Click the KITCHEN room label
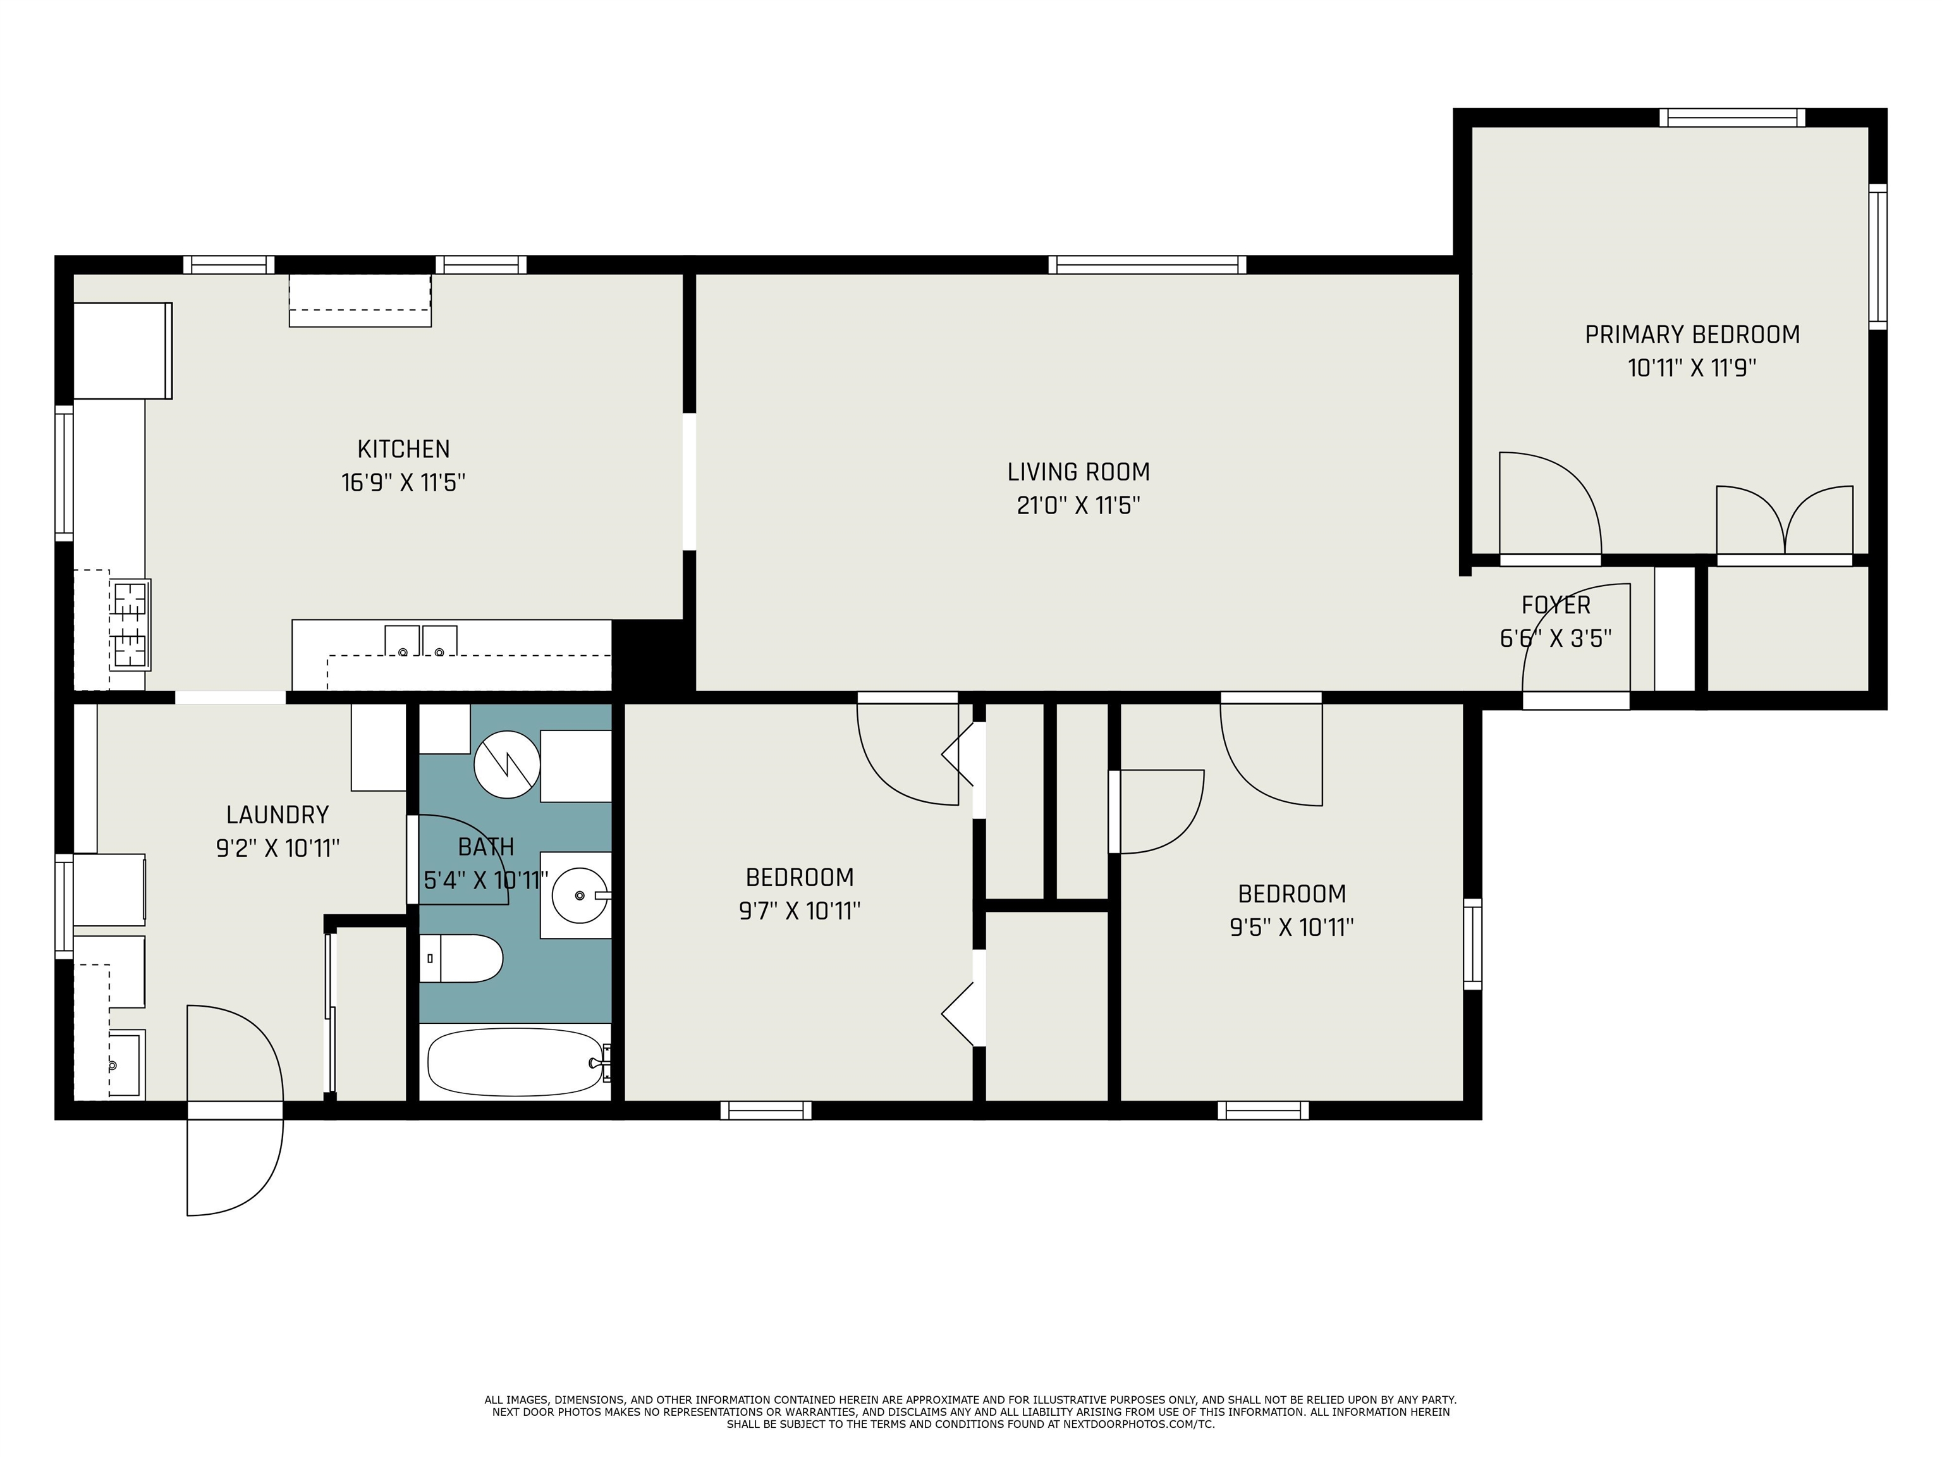tap(404, 449)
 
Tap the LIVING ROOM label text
tap(1078, 472)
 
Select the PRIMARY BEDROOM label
tap(1692, 335)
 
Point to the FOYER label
tap(1556, 605)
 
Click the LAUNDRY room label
tap(278, 815)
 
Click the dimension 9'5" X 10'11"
tap(1292, 928)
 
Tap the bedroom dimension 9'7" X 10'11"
tap(799, 911)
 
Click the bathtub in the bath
tap(516, 1062)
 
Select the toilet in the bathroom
tap(461, 958)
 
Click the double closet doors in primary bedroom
tap(1785, 520)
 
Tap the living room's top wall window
tap(1147, 264)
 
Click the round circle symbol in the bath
tap(506, 764)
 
